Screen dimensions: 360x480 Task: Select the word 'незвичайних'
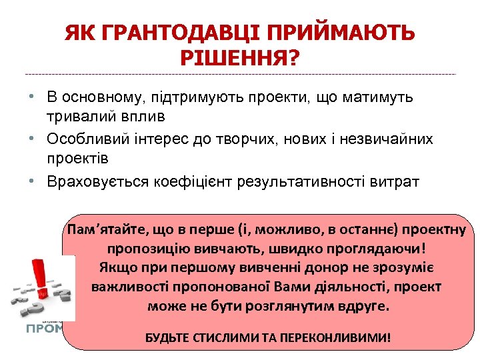click(387, 139)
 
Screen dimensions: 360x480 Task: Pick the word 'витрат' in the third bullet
click(399, 182)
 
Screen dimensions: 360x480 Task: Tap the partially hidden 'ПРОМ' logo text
click(45, 328)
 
